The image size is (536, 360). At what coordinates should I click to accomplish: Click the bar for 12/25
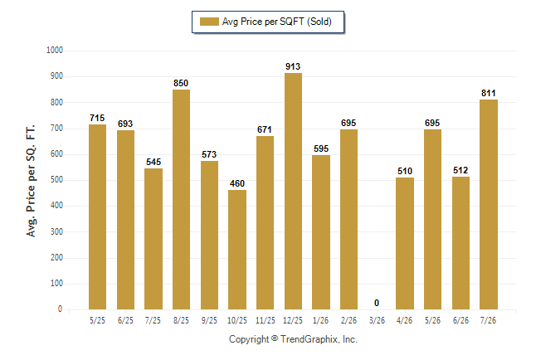(293, 191)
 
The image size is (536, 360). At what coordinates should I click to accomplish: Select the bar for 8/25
(181, 199)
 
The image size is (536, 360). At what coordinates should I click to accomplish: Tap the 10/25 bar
(237, 250)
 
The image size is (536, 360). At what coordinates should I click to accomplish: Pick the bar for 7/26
(489, 204)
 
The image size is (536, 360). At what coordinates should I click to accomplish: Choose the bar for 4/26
(405, 243)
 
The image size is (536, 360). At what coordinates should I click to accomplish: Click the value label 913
(293, 66)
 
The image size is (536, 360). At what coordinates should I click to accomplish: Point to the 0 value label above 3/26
(377, 303)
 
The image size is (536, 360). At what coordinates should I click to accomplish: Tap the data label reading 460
(237, 183)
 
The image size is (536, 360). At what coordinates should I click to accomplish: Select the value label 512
(460, 170)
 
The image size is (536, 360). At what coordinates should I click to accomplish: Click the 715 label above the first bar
(97, 118)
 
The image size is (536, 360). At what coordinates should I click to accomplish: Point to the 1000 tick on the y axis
(55, 51)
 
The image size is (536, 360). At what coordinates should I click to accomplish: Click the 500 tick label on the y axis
(56, 180)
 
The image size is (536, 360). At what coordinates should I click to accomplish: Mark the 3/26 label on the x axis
(377, 320)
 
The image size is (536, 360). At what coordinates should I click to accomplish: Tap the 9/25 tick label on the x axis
(209, 320)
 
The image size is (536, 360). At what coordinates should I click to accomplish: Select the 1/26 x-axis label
(320, 320)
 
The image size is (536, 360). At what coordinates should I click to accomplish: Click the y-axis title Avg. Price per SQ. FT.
(31, 181)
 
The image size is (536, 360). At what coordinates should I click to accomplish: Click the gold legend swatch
(209, 22)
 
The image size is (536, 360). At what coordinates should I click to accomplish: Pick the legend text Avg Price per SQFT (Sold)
(277, 22)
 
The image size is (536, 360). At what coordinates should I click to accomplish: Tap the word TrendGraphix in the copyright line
(309, 339)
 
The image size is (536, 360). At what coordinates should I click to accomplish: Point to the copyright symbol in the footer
(275, 338)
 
